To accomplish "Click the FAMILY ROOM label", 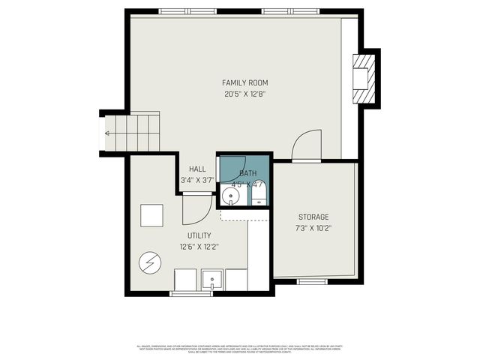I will [x=244, y=82].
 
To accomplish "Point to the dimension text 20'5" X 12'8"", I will [x=244, y=94].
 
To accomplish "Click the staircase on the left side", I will [x=132, y=133].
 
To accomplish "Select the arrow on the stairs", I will [x=109, y=133].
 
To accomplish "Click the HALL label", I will [x=197, y=169].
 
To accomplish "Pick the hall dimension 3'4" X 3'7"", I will [x=197, y=180].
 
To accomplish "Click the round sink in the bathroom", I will [x=232, y=197].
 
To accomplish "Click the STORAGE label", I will [x=313, y=217].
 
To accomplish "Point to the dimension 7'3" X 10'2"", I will [x=313, y=228].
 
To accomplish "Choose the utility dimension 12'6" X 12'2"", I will [x=199, y=247].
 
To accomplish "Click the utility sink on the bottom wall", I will [x=212, y=280].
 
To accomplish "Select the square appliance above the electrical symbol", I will [x=151, y=215].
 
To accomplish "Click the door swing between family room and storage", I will [x=306, y=146].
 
